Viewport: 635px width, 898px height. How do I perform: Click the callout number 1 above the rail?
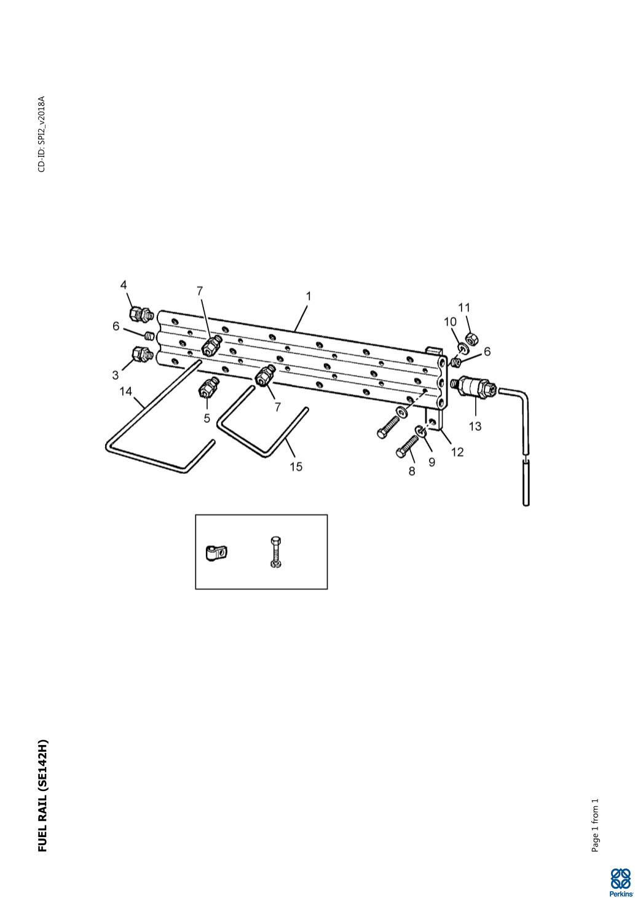(309, 296)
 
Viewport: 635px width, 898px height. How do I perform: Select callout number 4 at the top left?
(124, 285)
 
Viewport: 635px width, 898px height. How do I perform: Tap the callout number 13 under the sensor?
(475, 426)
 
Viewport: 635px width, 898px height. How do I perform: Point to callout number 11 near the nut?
(464, 307)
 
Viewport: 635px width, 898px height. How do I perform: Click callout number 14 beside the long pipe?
(125, 392)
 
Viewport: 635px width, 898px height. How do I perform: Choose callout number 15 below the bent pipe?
(296, 467)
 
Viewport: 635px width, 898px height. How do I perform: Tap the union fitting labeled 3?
(141, 354)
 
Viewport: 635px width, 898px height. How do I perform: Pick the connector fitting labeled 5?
(207, 388)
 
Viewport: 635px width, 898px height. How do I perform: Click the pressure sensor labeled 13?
(474, 387)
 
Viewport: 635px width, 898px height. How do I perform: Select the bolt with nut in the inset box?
(275, 551)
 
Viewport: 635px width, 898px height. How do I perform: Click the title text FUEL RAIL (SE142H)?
(42, 795)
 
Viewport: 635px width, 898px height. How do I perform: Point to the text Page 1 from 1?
(594, 825)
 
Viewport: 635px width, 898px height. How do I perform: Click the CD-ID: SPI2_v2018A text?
(41, 134)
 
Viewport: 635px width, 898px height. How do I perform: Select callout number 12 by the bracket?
(457, 452)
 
